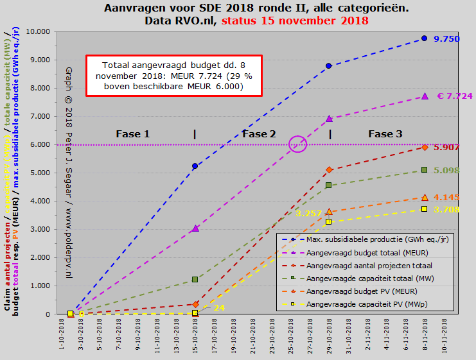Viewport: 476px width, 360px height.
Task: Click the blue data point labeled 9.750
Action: click(x=424, y=39)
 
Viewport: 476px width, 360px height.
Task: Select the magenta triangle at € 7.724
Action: click(x=424, y=96)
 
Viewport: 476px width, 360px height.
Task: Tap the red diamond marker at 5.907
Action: click(x=424, y=147)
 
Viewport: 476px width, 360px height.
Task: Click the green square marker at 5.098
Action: click(x=424, y=170)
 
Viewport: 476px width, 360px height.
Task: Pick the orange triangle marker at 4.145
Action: click(x=424, y=197)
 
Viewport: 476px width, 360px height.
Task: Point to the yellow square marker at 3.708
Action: click(x=424, y=209)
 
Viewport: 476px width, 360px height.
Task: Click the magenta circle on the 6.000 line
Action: click(x=298, y=144)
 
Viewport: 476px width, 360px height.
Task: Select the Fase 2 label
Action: click(x=259, y=134)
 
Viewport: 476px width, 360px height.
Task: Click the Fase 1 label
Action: click(x=132, y=134)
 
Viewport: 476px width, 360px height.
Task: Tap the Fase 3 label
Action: click(x=385, y=134)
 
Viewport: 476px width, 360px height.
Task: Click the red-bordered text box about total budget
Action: click(x=173, y=76)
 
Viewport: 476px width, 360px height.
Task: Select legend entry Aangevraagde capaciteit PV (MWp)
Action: click(x=358, y=304)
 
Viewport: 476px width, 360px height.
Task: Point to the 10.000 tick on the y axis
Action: click(x=38, y=31)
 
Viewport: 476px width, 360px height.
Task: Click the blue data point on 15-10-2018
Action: click(x=195, y=166)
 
